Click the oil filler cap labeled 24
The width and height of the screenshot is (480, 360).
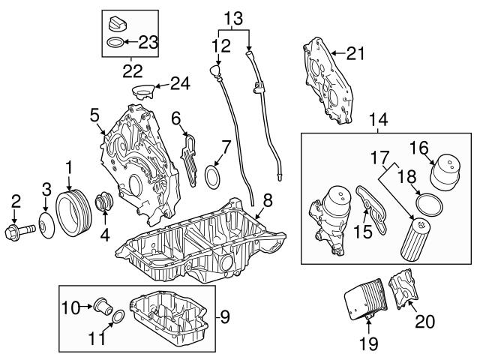(x=142, y=93)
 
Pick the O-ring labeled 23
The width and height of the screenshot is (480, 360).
(x=115, y=43)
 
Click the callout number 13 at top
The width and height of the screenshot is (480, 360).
(x=234, y=16)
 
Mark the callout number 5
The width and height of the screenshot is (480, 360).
(x=94, y=116)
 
